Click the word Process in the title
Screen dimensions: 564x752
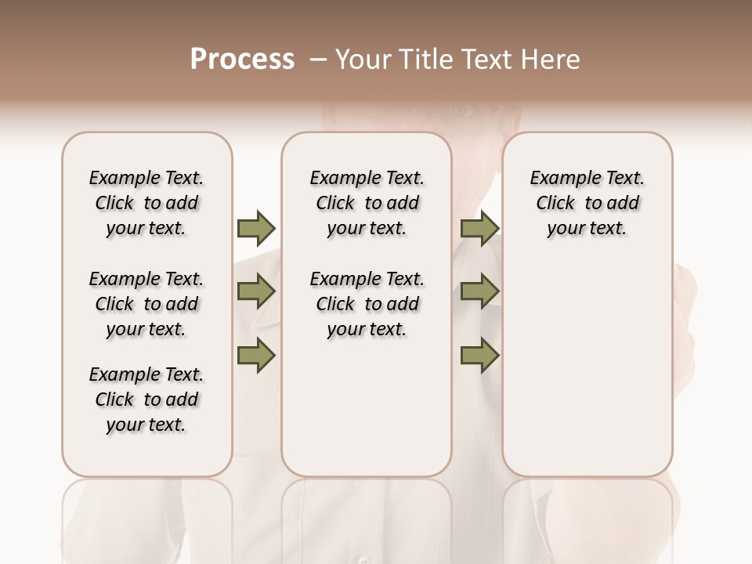[242, 60]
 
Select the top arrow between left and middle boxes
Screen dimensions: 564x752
[255, 228]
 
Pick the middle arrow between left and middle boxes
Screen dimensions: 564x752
[255, 291]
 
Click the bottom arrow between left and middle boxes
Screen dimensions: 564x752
[255, 355]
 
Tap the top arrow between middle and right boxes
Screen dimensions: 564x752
[479, 228]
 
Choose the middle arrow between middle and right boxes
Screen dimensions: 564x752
[479, 291]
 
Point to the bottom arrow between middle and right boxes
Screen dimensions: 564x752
[479, 355]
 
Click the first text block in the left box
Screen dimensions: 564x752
[146, 203]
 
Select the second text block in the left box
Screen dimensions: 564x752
[146, 304]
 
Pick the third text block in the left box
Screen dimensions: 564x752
[146, 399]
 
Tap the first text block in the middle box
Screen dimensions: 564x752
[367, 203]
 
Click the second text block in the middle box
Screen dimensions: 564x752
[367, 304]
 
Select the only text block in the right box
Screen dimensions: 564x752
[587, 203]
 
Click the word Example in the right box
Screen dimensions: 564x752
[559, 178]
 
